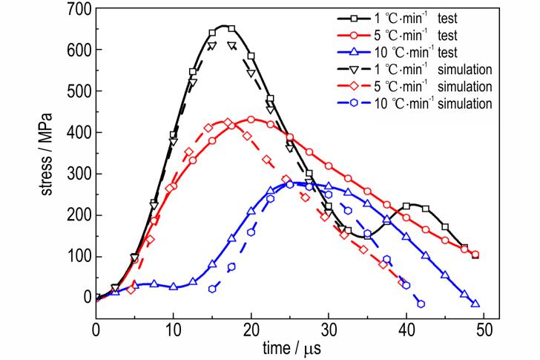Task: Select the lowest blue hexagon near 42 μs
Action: point(421,304)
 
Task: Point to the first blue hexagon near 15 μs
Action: point(212,289)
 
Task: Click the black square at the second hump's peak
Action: point(406,206)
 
